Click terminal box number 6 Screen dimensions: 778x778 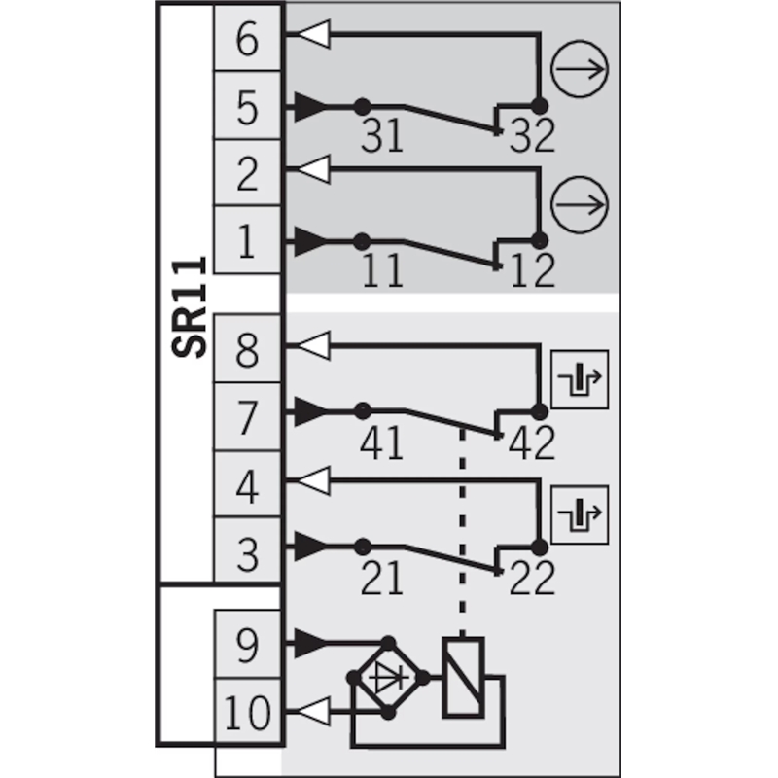coord(248,38)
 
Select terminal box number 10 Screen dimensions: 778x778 coord(248,713)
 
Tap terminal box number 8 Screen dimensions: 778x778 coord(248,348)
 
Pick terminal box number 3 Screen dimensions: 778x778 coord(248,550)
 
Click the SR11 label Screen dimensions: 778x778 coord(189,306)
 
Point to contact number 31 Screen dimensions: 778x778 coord(381,135)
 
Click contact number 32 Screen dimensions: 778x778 coord(531,135)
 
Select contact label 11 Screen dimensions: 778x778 coord(382,270)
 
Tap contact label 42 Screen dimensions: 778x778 coord(531,442)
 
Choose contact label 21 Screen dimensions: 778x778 coord(381,578)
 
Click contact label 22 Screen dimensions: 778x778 coord(531,578)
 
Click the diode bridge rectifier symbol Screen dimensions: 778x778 coord(388,678)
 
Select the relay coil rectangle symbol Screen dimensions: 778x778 coord(464,677)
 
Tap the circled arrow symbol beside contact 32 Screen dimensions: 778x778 coord(580,69)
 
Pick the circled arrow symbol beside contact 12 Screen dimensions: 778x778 coord(580,204)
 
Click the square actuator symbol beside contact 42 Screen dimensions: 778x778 coord(580,379)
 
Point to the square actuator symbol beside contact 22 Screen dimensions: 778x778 coord(580,514)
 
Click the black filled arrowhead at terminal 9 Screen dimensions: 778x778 coord(311,643)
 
